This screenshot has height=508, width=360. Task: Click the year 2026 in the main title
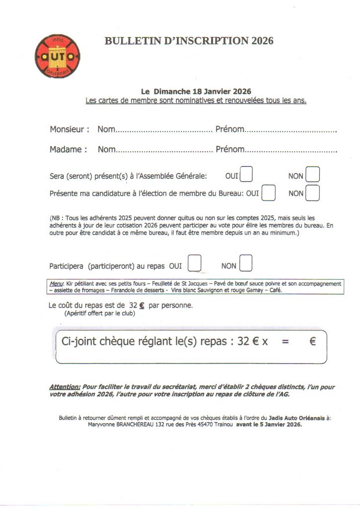coord(262,41)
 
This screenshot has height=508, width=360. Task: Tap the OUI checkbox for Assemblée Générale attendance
coord(246,175)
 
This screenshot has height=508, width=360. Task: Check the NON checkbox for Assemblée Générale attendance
coord(313,175)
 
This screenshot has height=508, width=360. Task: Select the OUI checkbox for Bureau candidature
coord(268,192)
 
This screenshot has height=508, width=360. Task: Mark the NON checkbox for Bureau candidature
coord(313,192)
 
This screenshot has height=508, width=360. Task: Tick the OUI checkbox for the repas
coord(195,263)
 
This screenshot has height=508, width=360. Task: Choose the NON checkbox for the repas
coord(246,263)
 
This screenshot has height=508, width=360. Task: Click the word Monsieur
coord(70,129)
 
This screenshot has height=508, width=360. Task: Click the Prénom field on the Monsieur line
coord(291,130)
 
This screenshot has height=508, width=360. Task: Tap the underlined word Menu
coord(57,284)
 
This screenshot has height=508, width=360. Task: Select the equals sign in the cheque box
coord(285,342)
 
